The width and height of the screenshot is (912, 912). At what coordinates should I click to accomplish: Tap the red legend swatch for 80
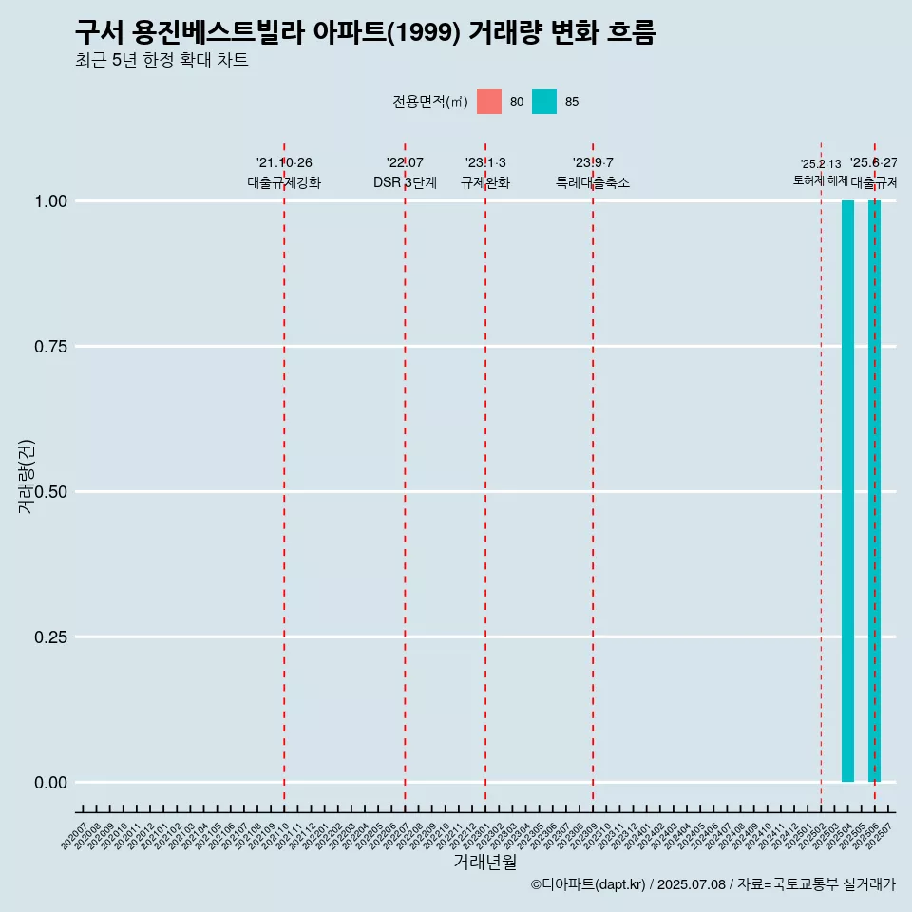pyautogui.click(x=489, y=102)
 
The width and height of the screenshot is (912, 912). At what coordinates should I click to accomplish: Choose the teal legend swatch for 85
pyautogui.click(x=544, y=102)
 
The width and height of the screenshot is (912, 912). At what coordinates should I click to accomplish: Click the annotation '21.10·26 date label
pyautogui.click(x=284, y=163)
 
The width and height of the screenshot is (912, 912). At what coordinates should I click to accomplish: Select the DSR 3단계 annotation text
pyautogui.click(x=405, y=182)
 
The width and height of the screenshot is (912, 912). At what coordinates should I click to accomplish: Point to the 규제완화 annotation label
pyautogui.click(x=485, y=182)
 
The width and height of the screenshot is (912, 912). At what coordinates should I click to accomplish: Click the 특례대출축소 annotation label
pyautogui.click(x=593, y=182)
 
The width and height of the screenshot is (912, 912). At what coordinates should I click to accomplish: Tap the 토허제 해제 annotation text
pyautogui.click(x=820, y=180)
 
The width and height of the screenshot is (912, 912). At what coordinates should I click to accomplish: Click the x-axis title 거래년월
pyautogui.click(x=485, y=862)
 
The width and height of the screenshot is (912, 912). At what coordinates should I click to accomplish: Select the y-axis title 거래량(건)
pyautogui.click(x=27, y=477)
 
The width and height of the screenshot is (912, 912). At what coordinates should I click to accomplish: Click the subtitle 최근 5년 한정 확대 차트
pyautogui.click(x=161, y=61)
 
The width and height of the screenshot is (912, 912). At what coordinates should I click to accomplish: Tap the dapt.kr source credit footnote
pyautogui.click(x=712, y=884)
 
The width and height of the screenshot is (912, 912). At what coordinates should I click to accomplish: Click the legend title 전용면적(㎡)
pyautogui.click(x=429, y=102)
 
